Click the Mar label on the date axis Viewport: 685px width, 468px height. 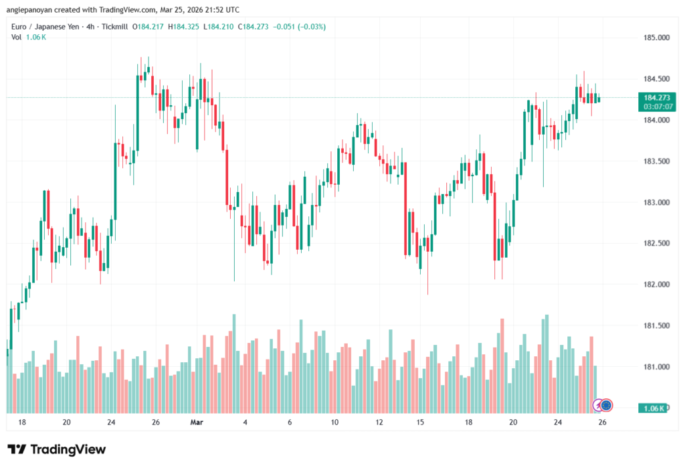(x=196, y=422)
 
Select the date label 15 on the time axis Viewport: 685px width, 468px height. (x=421, y=422)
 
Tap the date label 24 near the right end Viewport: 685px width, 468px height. (x=557, y=422)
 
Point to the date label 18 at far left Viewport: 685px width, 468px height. (x=22, y=422)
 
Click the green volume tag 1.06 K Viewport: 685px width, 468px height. (x=650, y=408)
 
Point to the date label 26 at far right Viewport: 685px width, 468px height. (x=602, y=422)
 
